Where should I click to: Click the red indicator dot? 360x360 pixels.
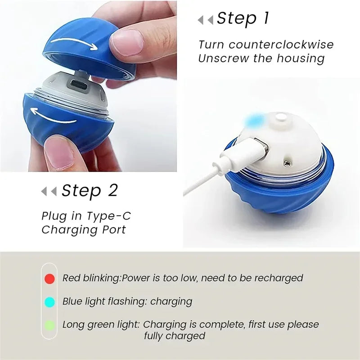click(49, 279)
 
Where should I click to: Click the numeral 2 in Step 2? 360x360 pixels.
click(112, 191)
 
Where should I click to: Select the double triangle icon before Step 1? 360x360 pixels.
click(206, 20)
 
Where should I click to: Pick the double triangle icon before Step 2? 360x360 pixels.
click(49, 191)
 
